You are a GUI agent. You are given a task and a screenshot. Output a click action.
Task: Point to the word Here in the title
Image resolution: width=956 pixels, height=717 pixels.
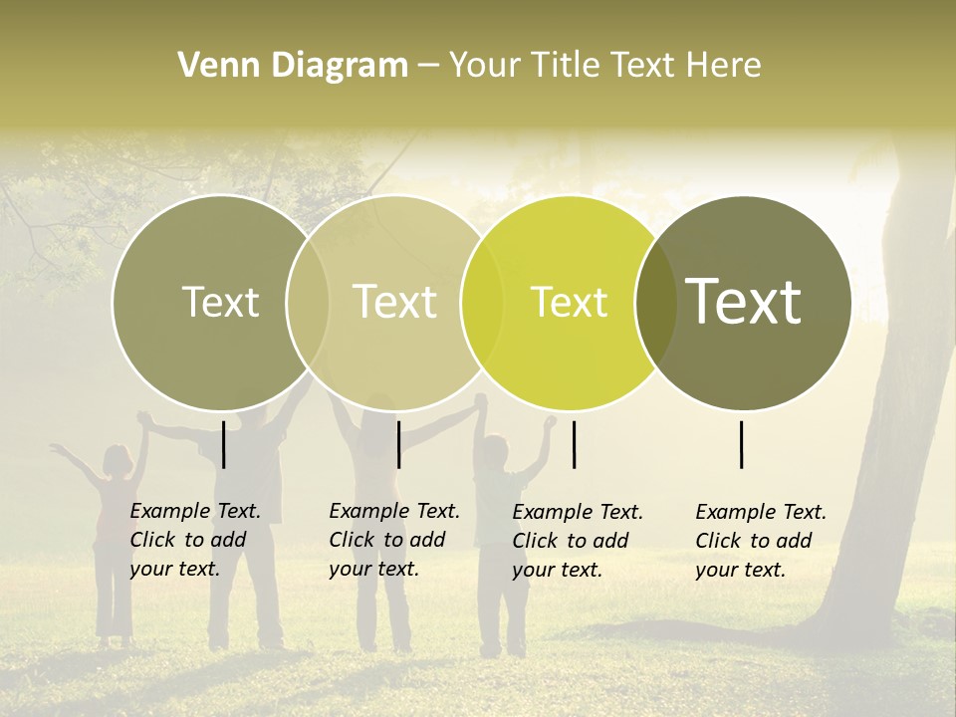pos(728,66)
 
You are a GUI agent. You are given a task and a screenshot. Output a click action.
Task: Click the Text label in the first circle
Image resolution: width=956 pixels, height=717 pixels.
pos(220,302)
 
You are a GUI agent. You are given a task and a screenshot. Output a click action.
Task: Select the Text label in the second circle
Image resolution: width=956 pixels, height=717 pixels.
pos(394,302)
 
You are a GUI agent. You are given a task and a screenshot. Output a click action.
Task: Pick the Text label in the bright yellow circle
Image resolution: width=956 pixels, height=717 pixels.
pos(569,302)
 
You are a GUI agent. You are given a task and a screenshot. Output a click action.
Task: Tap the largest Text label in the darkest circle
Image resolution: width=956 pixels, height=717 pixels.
pos(743,302)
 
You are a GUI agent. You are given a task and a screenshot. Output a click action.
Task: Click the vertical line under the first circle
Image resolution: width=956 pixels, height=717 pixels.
pos(224,444)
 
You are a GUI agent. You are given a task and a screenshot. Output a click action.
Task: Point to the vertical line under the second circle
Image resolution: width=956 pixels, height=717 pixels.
pos(398,444)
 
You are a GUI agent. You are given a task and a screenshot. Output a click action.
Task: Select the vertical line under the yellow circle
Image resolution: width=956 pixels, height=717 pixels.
pos(574,444)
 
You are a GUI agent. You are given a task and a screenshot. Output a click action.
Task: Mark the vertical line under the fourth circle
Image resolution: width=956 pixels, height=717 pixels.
pos(741,444)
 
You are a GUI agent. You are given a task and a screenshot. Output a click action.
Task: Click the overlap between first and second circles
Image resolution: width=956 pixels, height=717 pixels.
pos(308,302)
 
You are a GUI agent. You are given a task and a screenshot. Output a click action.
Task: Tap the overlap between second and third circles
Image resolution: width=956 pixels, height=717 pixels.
pos(482,302)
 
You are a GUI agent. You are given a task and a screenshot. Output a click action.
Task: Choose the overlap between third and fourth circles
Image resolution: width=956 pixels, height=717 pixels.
pos(655,302)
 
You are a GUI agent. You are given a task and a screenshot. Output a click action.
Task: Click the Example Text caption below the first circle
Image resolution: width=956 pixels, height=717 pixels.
pos(195,540)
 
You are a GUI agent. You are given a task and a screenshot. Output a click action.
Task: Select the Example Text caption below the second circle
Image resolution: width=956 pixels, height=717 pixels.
pos(394,540)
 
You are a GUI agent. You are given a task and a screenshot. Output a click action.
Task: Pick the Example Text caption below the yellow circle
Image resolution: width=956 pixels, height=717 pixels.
pos(578,541)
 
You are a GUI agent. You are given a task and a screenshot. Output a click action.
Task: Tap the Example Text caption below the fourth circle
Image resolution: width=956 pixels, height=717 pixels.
pos(761,541)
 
